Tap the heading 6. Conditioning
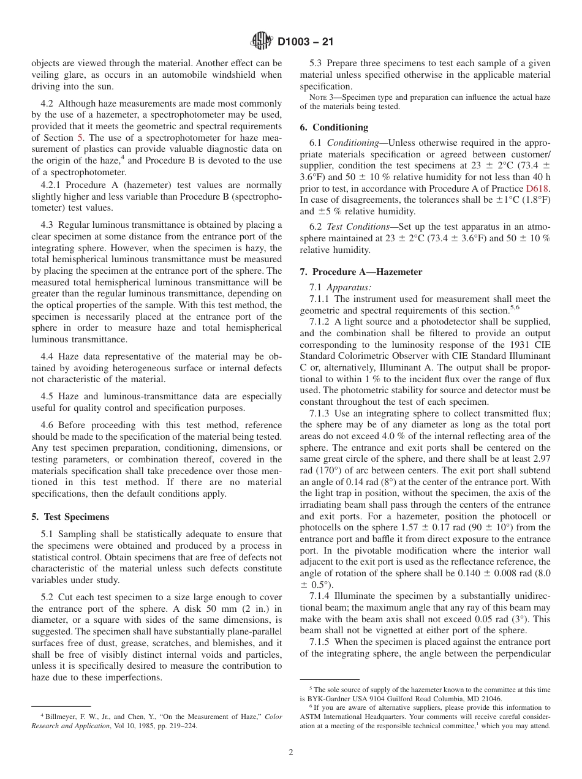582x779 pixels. (x=334, y=127)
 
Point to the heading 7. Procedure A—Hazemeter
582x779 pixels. (x=361, y=272)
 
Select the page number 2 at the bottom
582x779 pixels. (x=291, y=753)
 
